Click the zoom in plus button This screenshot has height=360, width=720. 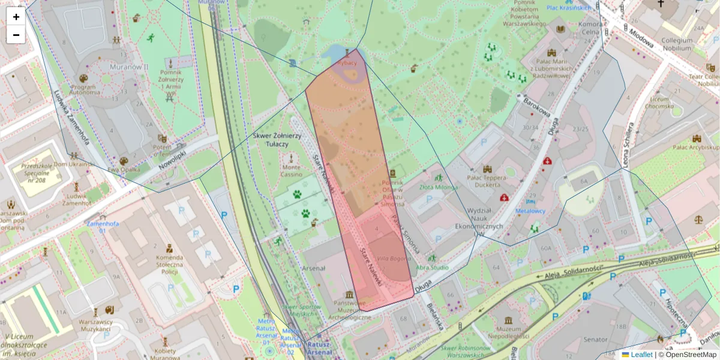point(16,17)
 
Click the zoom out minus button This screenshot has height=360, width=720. point(16,35)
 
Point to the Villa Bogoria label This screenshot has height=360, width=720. point(394,259)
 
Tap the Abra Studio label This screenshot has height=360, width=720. point(432,268)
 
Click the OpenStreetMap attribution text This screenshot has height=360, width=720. point(690,355)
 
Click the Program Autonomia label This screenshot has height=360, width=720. point(83,90)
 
